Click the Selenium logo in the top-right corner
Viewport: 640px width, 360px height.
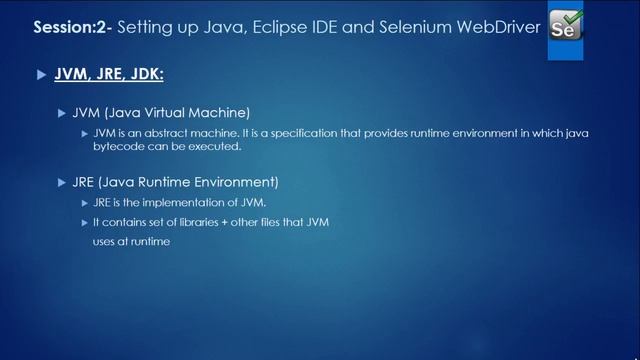coord(567,26)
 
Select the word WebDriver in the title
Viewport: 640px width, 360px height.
coord(490,24)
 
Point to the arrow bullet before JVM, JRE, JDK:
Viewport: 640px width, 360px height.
coord(41,75)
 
